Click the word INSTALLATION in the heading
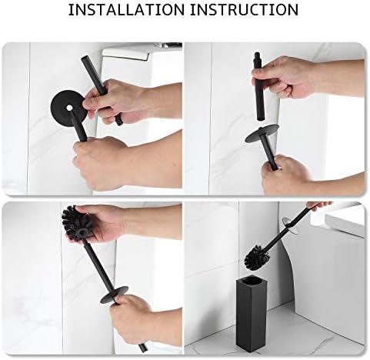(126, 10)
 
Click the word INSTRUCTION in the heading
(244, 10)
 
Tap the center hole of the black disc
(69, 108)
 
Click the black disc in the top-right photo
(262, 133)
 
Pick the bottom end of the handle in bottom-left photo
(143, 348)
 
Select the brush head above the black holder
(256, 255)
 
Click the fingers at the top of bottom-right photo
(319, 205)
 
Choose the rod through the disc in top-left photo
(78, 125)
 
